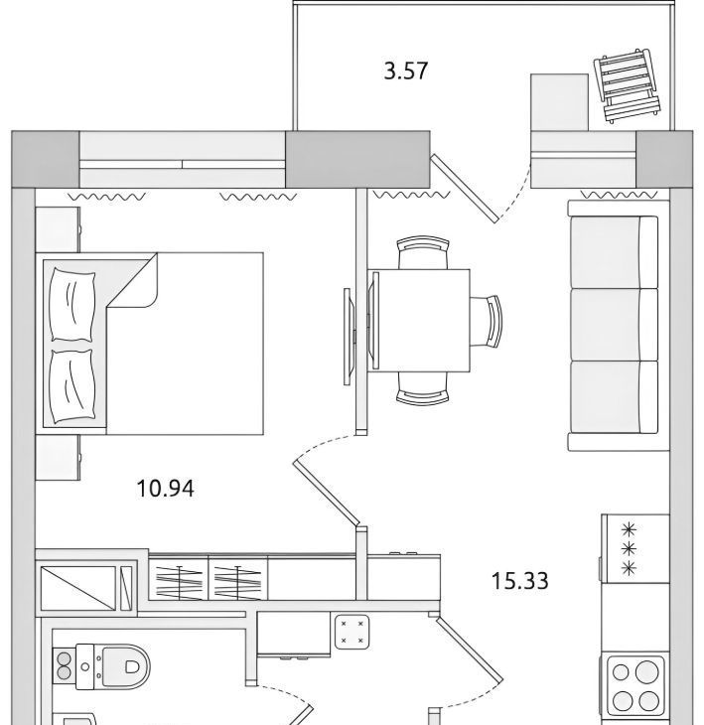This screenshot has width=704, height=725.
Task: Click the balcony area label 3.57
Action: point(406,72)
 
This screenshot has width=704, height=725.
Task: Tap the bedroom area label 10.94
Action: point(166,489)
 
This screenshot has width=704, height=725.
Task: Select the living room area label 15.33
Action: point(519,581)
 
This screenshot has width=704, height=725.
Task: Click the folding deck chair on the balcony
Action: point(628,85)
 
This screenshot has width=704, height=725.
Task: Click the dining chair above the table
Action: point(423,252)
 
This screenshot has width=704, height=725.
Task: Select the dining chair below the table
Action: point(423,388)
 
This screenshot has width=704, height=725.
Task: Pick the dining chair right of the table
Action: point(486,321)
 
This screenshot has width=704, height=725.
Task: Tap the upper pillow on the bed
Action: point(73,304)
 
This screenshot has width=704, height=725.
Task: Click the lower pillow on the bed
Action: point(73,386)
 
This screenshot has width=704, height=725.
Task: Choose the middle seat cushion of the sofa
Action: point(614,325)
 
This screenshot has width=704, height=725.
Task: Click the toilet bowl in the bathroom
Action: point(126,665)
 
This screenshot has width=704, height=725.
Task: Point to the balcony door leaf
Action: point(465,189)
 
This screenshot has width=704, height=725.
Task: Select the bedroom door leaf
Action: point(327,495)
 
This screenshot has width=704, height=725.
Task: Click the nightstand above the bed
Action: point(58,229)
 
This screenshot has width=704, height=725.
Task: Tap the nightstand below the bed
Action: point(58,457)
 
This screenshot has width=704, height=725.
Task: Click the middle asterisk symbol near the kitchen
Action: point(629,548)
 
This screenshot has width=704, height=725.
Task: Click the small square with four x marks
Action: point(352,632)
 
